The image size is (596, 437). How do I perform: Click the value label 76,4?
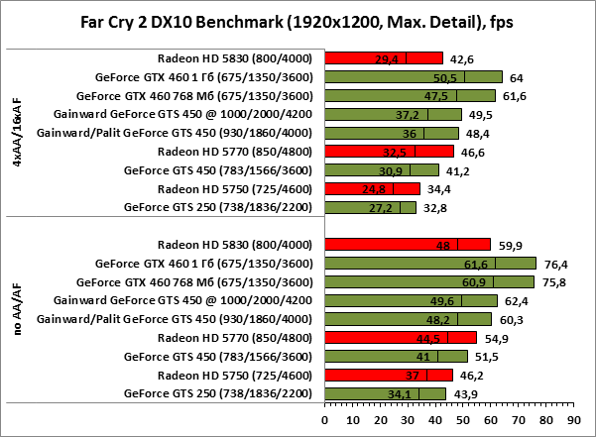point(553,264)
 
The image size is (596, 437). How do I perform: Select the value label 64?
point(517,76)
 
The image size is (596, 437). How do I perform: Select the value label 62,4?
point(517,300)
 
